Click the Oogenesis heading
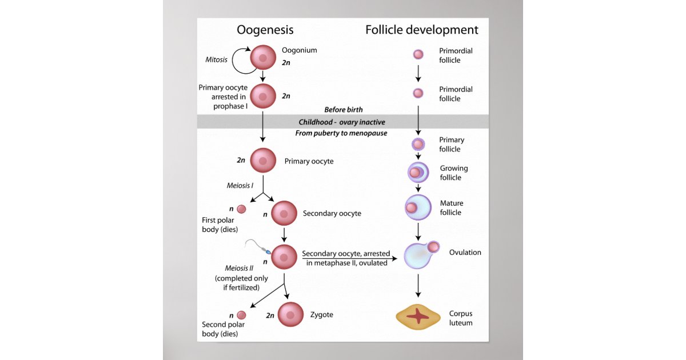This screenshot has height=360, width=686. click(x=265, y=30)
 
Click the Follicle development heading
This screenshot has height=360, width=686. click(x=421, y=30)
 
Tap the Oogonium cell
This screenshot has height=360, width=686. click(x=263, y=58)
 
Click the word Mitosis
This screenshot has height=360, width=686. click(x=216, y=59)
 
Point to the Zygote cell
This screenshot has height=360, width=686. click(x=290, y=314)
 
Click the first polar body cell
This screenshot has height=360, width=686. click(x=242, y=209)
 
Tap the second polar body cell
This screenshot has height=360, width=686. click(x=242, y=315)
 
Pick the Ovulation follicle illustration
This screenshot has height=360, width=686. click(x=421, y=254)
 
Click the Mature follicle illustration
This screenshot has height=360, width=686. click(x=418, y=207)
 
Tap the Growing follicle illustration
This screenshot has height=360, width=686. click(x=418, y=172)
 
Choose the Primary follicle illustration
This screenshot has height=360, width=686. click(x=418, y=145)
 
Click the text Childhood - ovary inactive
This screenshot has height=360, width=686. click(x=341, y=122)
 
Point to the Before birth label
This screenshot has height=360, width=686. click(x=343, y=110)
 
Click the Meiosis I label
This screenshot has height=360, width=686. click(x=240, y=185)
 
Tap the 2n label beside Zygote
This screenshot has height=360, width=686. click(x=270, y=315)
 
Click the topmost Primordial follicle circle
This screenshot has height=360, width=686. click(x=418, y=54)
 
